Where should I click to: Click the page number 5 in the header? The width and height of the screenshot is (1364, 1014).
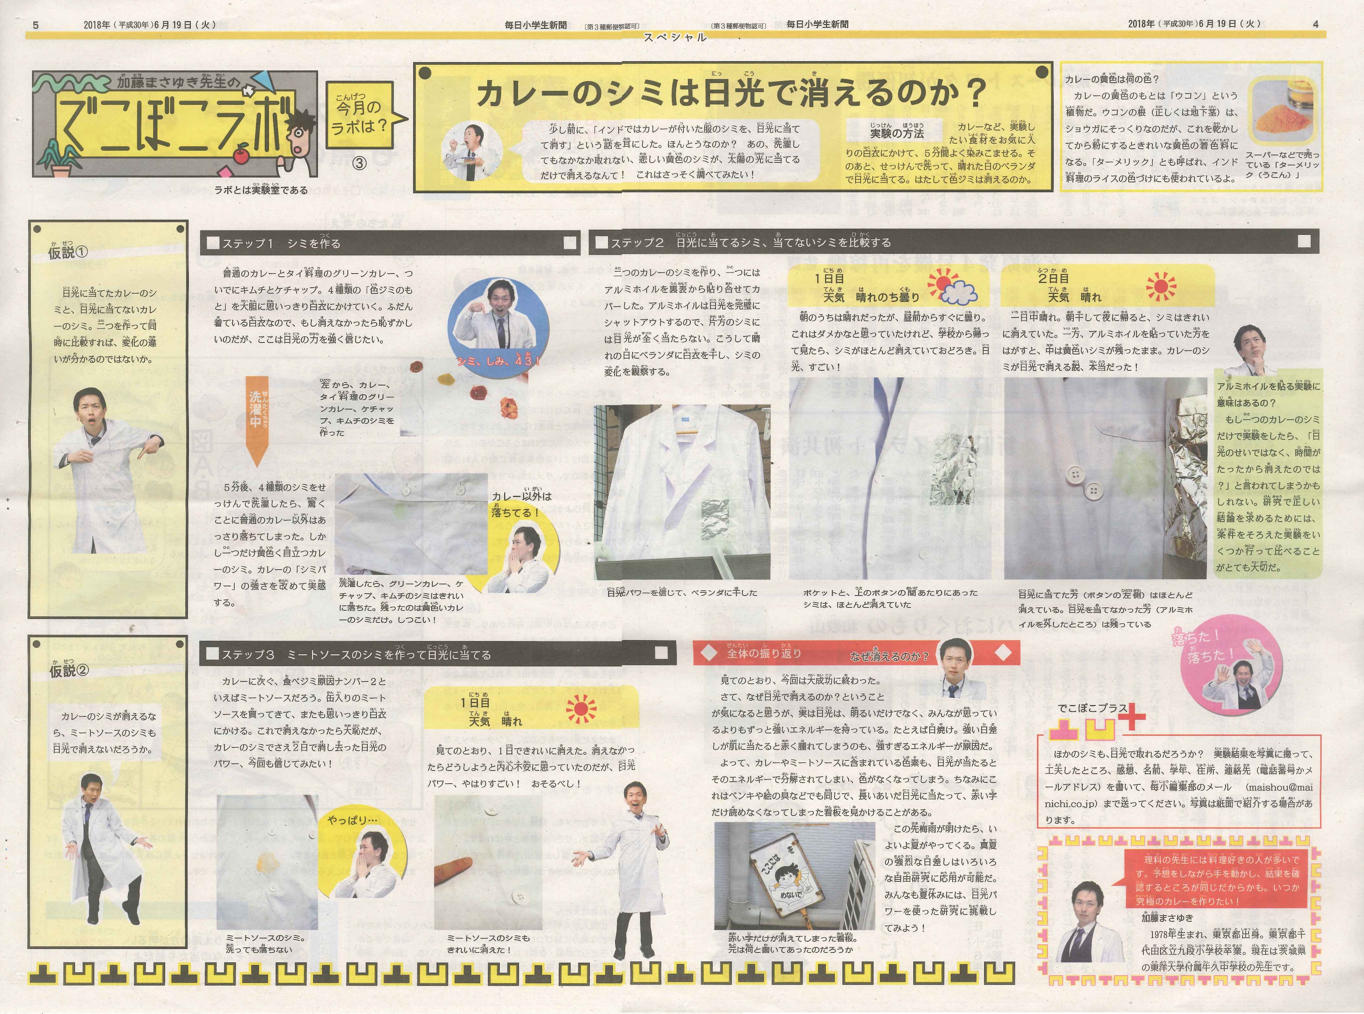[x=37, y=25]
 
